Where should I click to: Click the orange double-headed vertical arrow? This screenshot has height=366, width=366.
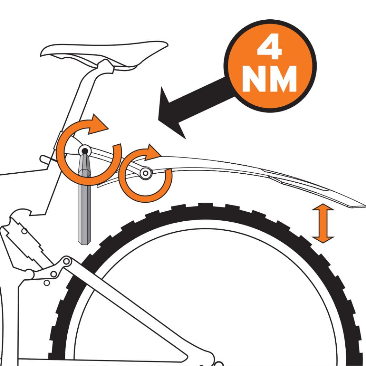tap(323, 223)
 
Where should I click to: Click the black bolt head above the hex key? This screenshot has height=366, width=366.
tap(85, 151)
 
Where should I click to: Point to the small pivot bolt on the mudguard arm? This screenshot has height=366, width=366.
tap(145, 173)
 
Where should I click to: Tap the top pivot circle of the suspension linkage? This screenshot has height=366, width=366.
tap(67, 261)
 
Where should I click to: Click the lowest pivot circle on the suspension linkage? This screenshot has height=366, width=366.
tap(47, 283)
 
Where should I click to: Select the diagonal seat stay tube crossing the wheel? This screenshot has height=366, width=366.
tap(126, 310)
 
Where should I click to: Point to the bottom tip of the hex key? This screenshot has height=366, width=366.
tap(84, 244)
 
